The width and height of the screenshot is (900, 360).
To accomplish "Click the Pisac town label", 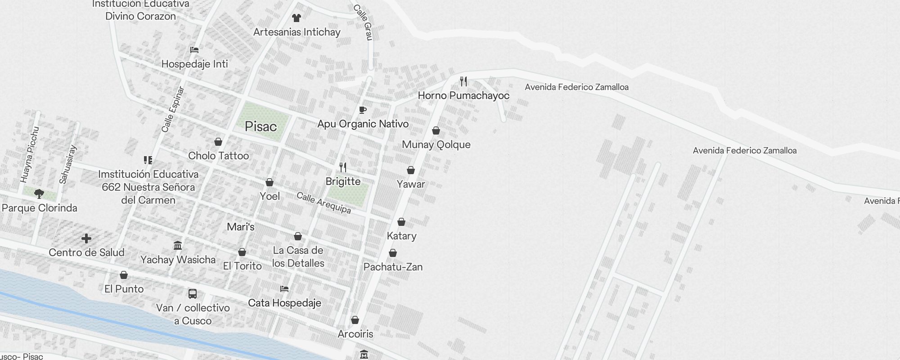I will (x=261, y=126).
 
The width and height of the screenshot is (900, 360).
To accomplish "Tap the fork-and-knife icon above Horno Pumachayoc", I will (x=463, y=81).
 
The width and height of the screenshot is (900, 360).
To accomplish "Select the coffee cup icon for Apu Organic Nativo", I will (x=363, y=110).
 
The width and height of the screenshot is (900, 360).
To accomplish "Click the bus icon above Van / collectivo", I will (x=193, y=294).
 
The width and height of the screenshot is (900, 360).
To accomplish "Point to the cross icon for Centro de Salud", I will (x=86, y=238).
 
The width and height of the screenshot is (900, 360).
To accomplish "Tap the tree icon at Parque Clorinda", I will (x=39, y=194).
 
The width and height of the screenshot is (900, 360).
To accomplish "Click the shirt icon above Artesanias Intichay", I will (x=296, y=18).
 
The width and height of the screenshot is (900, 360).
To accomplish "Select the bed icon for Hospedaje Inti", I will (x=194, y=49).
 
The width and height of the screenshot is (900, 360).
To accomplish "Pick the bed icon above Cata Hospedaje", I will (x=284, y=289).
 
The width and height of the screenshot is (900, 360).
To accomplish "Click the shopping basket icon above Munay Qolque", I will (x=436, y=130).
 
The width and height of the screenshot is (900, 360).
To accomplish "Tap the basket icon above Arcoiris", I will (x=355, y=320).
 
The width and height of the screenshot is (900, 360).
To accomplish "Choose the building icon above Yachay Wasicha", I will (x=178, y=246).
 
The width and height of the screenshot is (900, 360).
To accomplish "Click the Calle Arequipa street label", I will (x=324, y=203).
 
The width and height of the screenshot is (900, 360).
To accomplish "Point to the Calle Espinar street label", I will (x=173, y=109).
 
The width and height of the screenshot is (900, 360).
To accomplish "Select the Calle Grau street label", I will (x=363, y=22).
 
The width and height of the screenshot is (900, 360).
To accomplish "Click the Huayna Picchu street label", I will (x=30, y=155).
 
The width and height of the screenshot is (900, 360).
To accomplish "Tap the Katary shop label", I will (x=401, y=236).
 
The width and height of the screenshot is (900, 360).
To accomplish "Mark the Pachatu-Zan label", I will (x=393, y=267).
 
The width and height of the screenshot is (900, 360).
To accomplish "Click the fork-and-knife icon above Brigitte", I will (x=343, y=167).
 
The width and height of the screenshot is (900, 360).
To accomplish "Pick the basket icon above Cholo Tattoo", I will (x=218, y=142).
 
